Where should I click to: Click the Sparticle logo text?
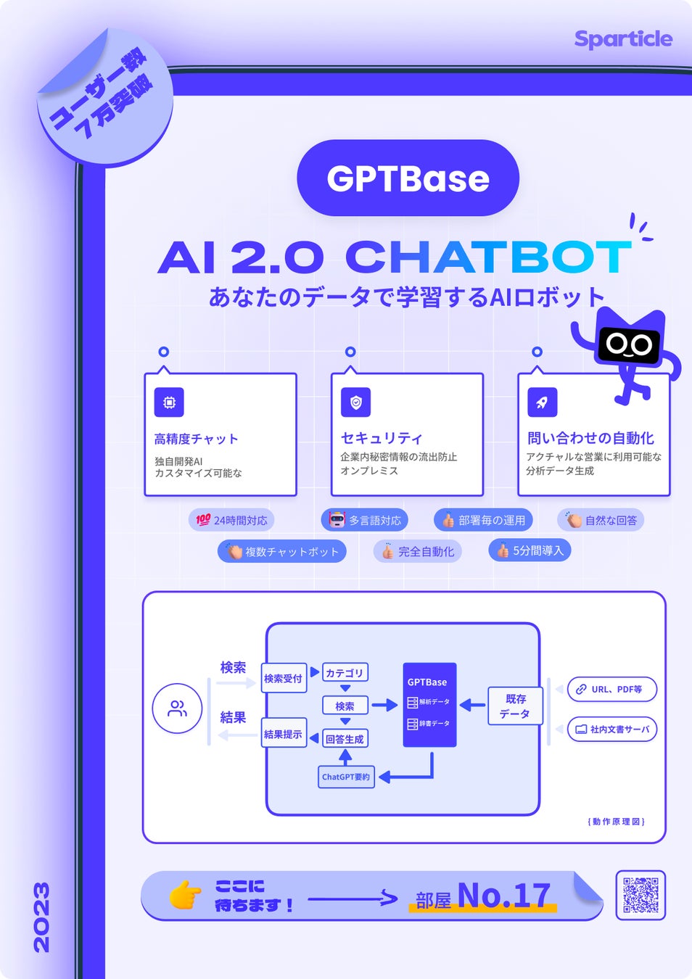point(623,38)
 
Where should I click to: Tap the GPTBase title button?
point(408,178)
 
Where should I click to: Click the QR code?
point(640,895)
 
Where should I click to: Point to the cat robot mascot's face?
point(629,344)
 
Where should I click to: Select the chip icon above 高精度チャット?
point(169,402)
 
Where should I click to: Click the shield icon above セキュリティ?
point(356,402)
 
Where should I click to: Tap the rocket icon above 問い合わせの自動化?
point(543,402)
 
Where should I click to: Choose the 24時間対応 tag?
point(231,520)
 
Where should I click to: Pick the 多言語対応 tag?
point(365,520)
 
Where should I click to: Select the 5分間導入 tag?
point(530,550)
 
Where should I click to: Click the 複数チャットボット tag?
point(282,552)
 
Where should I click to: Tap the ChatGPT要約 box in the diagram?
point(346,777)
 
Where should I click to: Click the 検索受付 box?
point(283,679)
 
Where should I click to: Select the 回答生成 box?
point(345,739)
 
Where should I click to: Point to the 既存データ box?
point(515,706)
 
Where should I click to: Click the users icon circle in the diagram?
point(177,709)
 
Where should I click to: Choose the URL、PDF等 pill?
point(611,690)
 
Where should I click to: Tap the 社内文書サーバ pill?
point(611,730)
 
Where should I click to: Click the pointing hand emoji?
point(185,895)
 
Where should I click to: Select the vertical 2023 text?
point(42,917)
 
